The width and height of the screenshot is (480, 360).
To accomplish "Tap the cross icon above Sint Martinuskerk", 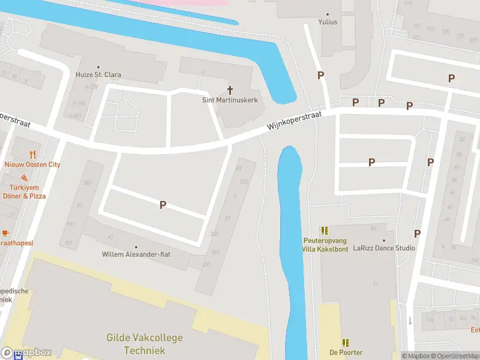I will [x=230, y=89].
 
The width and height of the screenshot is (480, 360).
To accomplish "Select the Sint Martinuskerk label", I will [x=230, y=100].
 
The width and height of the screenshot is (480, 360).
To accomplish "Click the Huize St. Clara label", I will [x=98, y=75].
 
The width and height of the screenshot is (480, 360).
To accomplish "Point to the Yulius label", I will [x=328, y=22].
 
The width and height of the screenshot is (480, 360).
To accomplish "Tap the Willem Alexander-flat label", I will [x=136, y=254].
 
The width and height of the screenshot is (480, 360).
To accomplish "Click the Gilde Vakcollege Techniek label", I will [x=144, y=344].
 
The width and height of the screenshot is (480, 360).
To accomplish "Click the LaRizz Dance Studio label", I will [x=384, y=248].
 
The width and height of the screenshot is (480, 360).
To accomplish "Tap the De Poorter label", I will [x=346, y=352].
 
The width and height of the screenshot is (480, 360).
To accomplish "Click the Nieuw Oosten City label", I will [x=32, y=164].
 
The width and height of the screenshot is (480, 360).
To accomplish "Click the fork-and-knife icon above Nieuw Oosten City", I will [x=32, y=154].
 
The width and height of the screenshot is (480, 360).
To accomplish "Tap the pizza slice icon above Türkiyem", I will [x=24, y=178].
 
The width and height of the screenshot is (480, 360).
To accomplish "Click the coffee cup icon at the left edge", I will [x=5, y=232].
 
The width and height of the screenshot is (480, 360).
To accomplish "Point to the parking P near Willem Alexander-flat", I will [x=163, y=205].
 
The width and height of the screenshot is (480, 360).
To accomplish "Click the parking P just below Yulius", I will [x=321, y=75].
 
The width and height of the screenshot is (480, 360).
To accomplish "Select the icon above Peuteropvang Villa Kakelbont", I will [x=325, y=230].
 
